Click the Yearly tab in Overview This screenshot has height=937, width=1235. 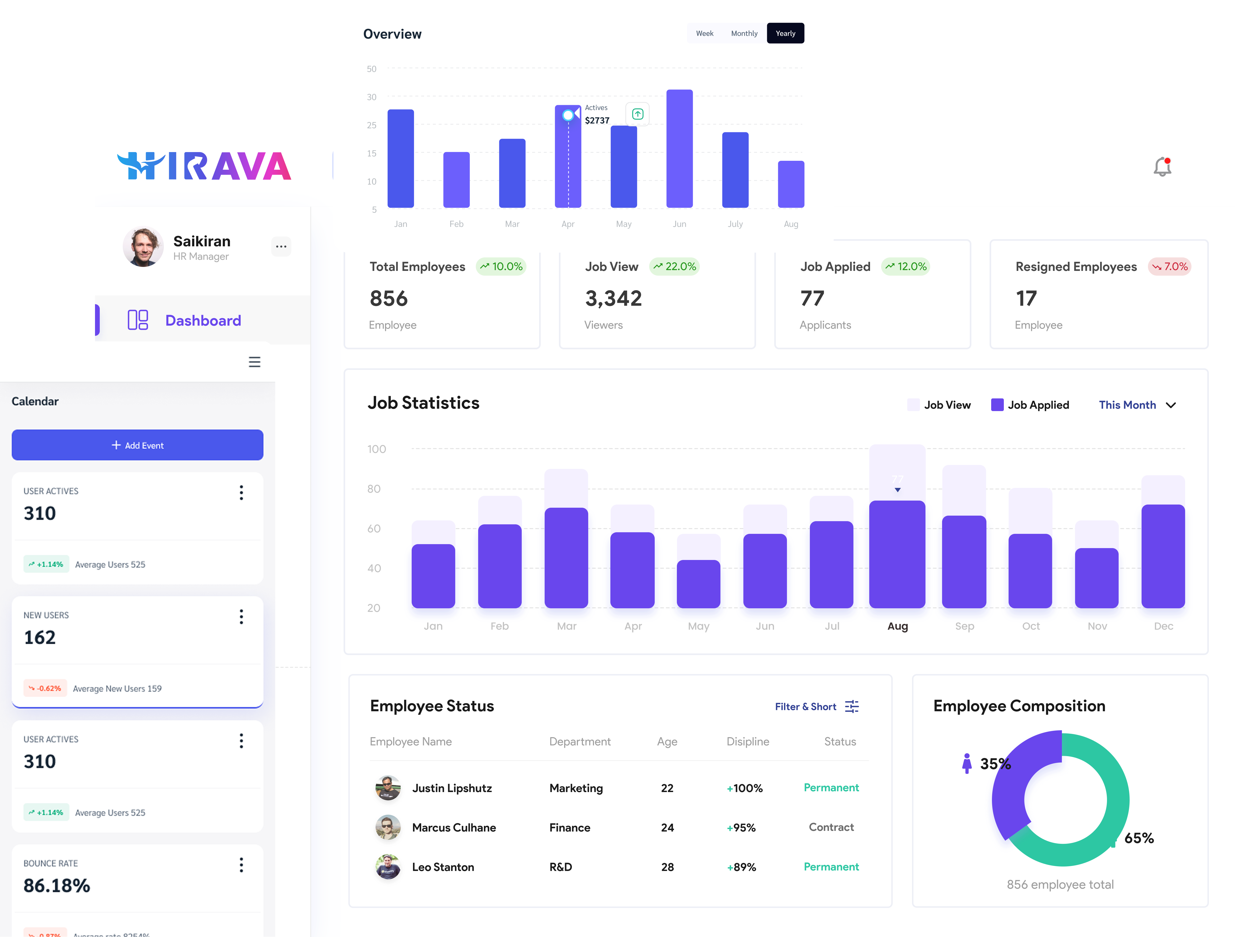785,34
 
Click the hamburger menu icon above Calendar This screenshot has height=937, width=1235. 255,362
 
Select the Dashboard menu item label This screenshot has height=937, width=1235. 203,321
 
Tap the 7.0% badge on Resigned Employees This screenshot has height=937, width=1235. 1170,266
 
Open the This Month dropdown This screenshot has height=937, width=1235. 1137,405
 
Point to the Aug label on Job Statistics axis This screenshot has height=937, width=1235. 897,626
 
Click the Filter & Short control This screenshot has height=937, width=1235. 816,707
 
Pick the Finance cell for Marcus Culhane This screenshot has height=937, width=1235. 569,827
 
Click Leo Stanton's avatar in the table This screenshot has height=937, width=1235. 387,867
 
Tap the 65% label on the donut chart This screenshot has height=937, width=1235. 1138,838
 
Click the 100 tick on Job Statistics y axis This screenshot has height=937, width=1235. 376,449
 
